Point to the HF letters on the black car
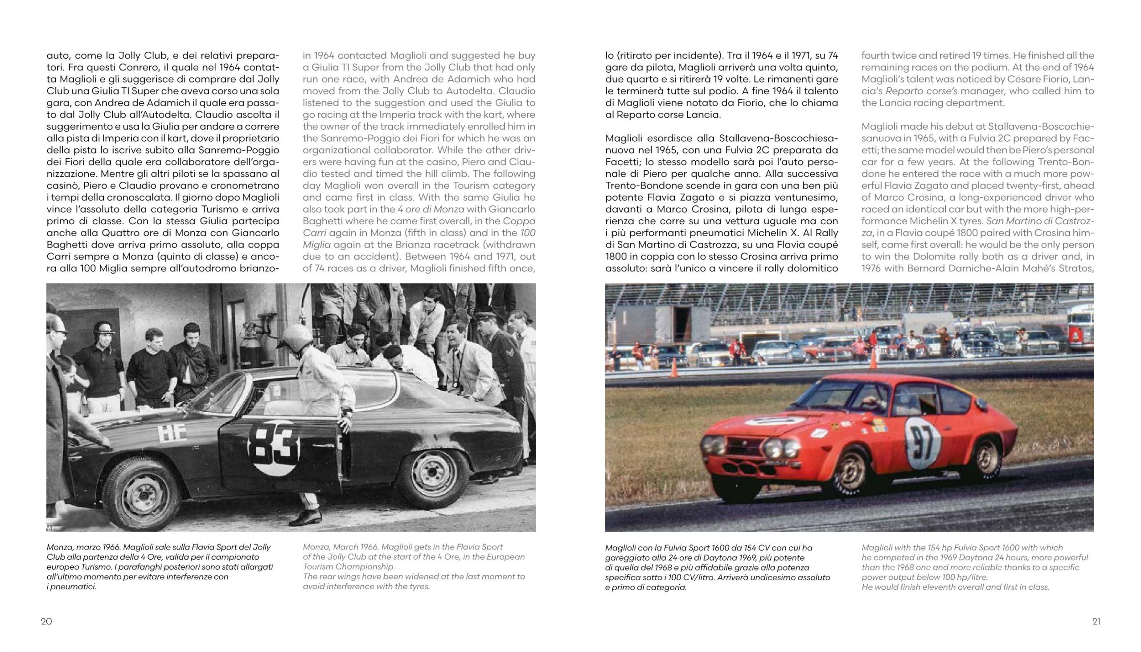[x=172, y=434]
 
